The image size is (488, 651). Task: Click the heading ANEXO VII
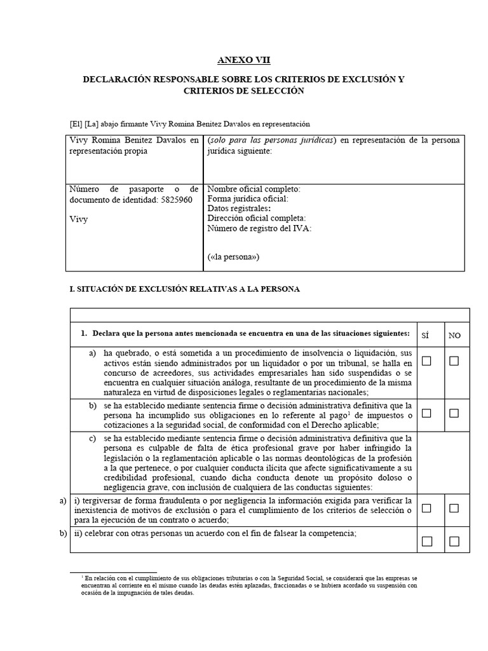pyautogui.click(x=244, y=60)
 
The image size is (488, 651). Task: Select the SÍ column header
pyautogui.click(x=426, y=335)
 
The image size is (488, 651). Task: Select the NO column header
pyautogui.click(x=454, y=335)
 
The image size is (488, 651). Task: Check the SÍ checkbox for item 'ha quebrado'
pyautogui.click(x=426, y=361)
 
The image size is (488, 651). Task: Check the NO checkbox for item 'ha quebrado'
pyautogui.click(x=454, y=361)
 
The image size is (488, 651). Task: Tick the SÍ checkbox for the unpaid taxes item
pyautogui.click(x=426, y=413)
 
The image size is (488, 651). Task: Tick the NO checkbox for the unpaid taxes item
pyautogui.click(x=454, y=413)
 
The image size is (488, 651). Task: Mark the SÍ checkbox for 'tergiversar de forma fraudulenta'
pyautogui.click(x=426, y=508)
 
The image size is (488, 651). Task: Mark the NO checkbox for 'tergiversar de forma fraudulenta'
pyautogui.click(x=454, y=508)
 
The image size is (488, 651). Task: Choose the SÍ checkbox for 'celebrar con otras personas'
pyautogui.click(x=426, y=541)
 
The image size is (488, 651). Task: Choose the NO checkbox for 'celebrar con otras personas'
pyautogui.click(x=454, y=541)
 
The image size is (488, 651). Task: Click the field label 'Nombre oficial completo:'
pyautogui.click(x=254, y=189)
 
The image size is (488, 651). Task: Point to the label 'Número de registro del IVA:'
pyautogui.click(x=259, y=228)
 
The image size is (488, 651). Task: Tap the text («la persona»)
pyautogui.click(x=233, y=257)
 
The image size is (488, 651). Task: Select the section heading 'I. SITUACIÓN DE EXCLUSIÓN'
pyautogui.click(x=184, y=289)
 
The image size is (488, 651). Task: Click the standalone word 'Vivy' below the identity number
pyautogui.click(x=79, y=219)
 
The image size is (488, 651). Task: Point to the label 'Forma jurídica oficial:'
pyautogui.click(x=248, y=199)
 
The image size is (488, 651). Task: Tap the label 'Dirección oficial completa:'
pyautogui.click(x=257, y=218)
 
